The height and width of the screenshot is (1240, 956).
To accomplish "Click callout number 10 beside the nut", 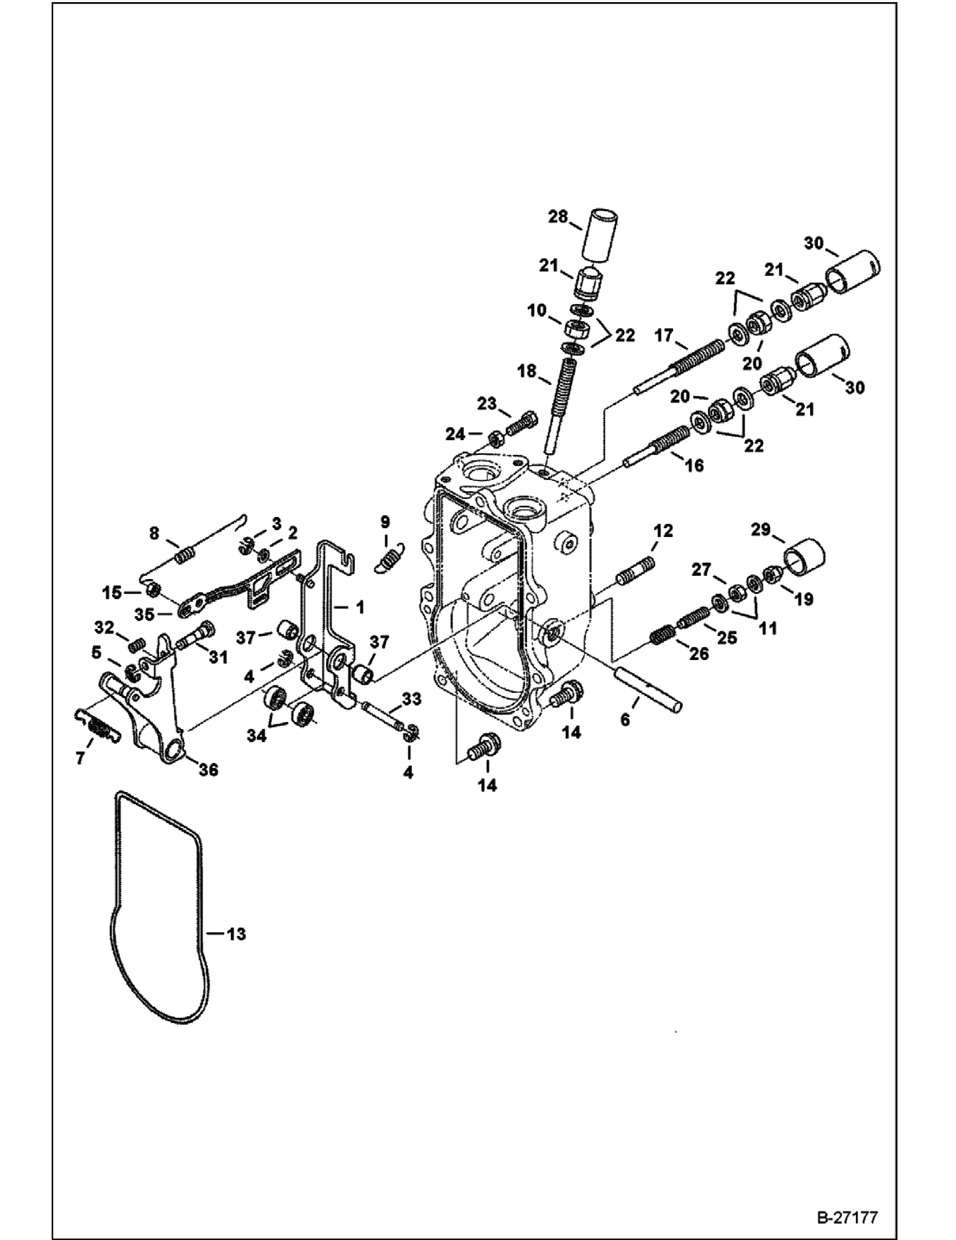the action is pyautogui.click(x=536, y=310).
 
